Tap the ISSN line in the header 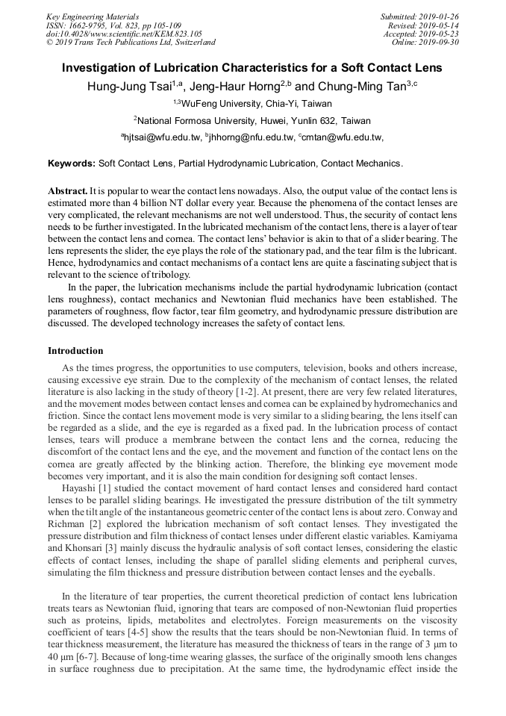point(113,25)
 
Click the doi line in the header point(123,34)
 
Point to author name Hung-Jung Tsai point(130,86)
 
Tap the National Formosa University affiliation point(252,120)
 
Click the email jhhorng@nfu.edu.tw point(250,137)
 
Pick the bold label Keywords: point(72,163)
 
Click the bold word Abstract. point(67,191)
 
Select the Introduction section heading point(75,350)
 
